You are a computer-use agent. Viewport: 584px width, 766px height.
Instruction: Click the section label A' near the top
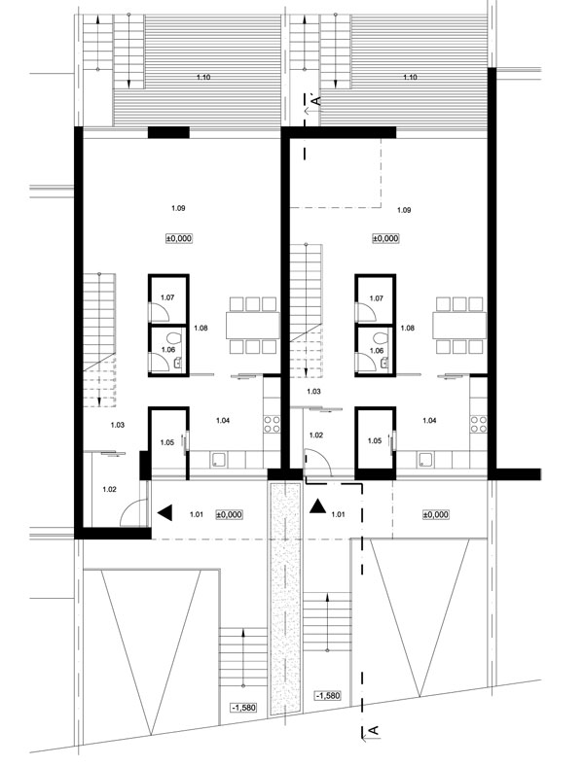pyautogui.click(x=316, y=100)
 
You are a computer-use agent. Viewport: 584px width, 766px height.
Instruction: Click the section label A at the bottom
pyautogui.click(x=373, y=730)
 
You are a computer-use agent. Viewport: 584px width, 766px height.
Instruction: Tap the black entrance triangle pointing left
pyautogui.click(x=164, y=513)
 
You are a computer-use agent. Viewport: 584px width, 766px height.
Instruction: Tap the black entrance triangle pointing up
pyautogui.click(x=318, y=506)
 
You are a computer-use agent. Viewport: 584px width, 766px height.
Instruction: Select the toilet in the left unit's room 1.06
pyautogui.click(x=173, y=337)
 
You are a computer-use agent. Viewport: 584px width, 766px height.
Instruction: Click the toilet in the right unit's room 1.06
pyautogui.click(x=380, y=337)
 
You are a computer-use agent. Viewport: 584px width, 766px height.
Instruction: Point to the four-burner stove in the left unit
pyautogui.click(x=272, y=424)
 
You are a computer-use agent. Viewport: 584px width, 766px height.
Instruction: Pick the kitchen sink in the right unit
pyautogui.click(x=424, y=459)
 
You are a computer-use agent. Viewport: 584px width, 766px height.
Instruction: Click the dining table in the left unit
pyautogui.click(x=252, y=326)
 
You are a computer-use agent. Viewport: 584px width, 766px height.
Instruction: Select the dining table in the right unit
pyautogui.click(x=459, y=326)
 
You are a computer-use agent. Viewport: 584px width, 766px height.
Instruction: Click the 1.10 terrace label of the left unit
pyautogui.click(x=203, y=77)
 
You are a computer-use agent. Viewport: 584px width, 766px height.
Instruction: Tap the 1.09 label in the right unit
pyautogui.click(x=404, y=210)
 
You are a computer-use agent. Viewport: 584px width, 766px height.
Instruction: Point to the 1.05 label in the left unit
pyautogui.click(x=166, y=442)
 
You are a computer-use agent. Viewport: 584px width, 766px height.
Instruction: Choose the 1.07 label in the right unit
pyautogui.click(x=376, y=298)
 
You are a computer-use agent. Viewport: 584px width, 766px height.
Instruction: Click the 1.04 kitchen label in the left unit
pyautogui.click(x=223, y=420)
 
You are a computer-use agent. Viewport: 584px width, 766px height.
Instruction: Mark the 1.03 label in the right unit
pyautogui.click(x=313, y=392)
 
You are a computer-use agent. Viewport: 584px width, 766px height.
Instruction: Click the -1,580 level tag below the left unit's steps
pyautogui.click(x=243, y=708)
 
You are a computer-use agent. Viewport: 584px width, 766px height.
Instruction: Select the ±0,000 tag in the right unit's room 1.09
pyautogui.click(x=385, y=238)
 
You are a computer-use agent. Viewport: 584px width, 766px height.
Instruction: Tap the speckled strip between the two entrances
pyautogui.click(x=285, y=599)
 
